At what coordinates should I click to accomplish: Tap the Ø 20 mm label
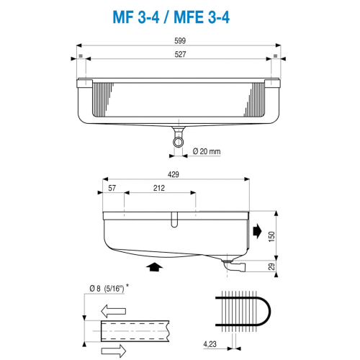tap(207, 151)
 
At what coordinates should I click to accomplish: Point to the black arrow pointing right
tap(258, 230)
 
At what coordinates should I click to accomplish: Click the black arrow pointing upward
tap(152, 267)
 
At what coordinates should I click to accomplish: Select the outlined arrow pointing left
tap(114, 312)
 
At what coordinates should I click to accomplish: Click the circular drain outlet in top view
tap(178, 142)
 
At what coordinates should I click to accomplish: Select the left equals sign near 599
tap(81, 55)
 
